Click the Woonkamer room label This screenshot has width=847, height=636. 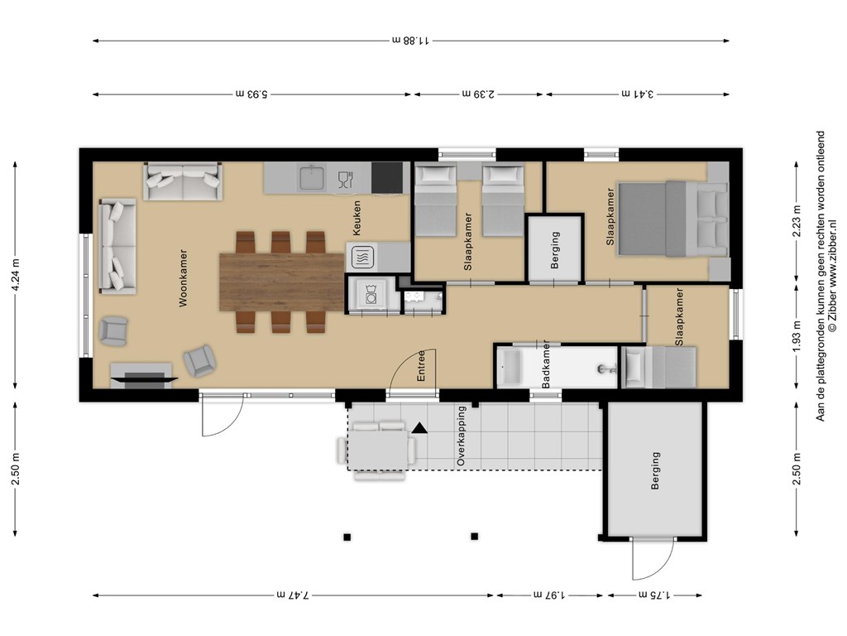[x=183, y=278]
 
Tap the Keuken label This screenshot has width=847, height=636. [x=356, y=218]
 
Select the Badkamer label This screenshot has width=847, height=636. [x=546, y=364]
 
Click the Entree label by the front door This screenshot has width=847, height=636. [x=421, y=365]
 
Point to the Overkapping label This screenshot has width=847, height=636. [x=461, y=436]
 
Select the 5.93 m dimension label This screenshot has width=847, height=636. [x=251, y=94]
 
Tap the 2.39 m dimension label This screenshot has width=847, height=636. [x=479, y=94]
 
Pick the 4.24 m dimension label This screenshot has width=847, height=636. [x=16, y=275]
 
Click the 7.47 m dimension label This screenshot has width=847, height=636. [x=294, y=595]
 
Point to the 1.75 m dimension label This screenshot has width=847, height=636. [x=655, y=595]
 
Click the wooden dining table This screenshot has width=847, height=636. [x=281, y=282]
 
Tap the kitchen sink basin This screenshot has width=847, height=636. [x=312, y=178]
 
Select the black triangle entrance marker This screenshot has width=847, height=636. [x=419, y=429]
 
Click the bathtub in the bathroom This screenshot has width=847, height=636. [x=510, y=368]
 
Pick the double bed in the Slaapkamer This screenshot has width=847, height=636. [x=672, y=219]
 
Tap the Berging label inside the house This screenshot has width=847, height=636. [x=555, y=250]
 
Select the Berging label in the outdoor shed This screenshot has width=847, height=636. [x=655, y=470]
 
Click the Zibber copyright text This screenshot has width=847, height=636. [x=832, y=275]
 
